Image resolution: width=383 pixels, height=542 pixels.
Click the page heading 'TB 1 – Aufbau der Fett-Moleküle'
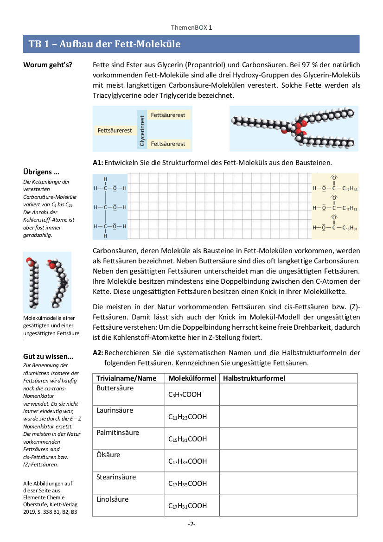(x=105, y=44)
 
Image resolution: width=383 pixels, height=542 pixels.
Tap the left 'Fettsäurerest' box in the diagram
(x=115, y=131)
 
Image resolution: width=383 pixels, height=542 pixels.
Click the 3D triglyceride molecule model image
(x=294, y=128)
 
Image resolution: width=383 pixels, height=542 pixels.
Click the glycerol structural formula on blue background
(x=109, y=207)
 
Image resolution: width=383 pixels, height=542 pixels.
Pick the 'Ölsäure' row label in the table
(x=109, y=455)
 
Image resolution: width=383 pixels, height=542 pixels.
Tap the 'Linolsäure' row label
(x=113, y=499)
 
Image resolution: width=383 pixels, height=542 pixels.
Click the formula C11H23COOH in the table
(x=187, y=417)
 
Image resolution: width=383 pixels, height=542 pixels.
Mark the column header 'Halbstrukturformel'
(x=254, y=378)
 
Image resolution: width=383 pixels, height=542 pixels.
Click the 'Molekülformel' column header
(x=192, y=378)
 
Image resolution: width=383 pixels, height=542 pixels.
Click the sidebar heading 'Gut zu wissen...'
(x=48, y=357)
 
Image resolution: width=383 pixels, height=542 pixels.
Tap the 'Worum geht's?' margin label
(x=48, y=64)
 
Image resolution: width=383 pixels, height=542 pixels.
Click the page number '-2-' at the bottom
(x=191, y=524)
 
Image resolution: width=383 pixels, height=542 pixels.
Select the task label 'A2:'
(x=98, y=353)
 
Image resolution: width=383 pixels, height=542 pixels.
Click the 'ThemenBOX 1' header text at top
(x=191, y=28)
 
